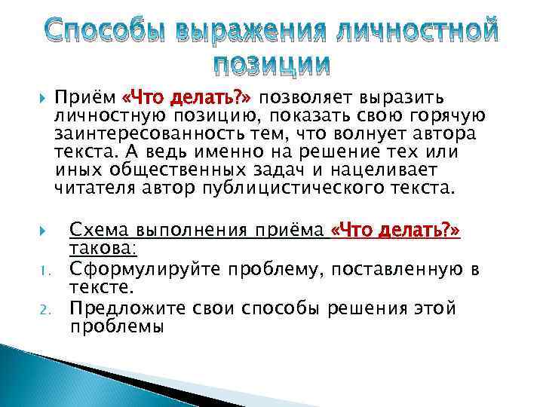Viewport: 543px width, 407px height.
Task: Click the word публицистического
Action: [x=304, y=186]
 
